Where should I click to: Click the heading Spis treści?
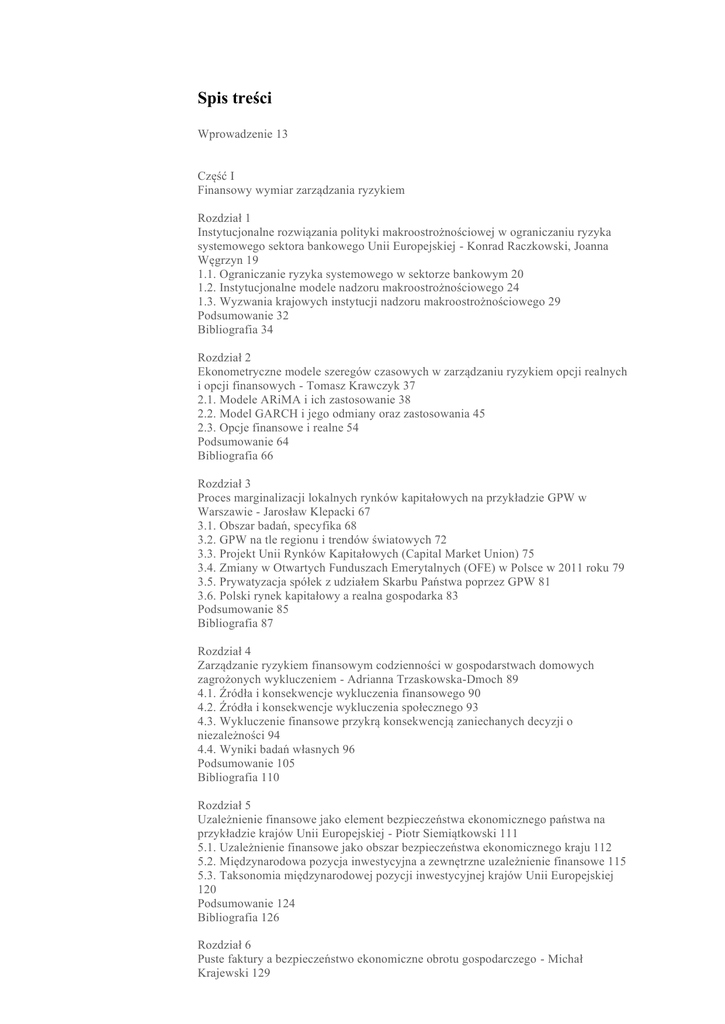(x=234, y=98)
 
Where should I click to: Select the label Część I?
(x=216, y=175)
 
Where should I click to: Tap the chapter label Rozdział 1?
(x=224, y=217)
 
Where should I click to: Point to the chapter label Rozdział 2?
(x=224, y=357)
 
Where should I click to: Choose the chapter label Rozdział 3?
(x=224, y=483)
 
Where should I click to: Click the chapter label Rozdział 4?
(x=224, y=651)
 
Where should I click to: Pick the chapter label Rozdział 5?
(x=224, y=805)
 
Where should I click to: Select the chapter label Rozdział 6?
(x=224, y=945)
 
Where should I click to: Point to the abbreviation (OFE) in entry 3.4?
(x=481, y=567)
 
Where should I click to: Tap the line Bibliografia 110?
(x=238, y=777)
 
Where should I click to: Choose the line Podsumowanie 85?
(x=243, y=609)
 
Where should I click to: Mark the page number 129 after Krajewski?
(x=262, y=973)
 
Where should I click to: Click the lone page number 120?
(x=207, y=889)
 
